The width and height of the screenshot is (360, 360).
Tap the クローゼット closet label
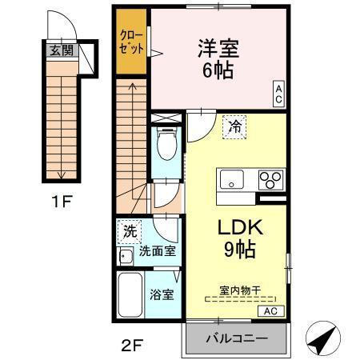click(132, 42)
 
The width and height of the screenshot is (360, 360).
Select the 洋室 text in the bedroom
click(214, 47)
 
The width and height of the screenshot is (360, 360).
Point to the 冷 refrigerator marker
click(234, 126)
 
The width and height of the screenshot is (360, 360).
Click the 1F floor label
click(60, 201)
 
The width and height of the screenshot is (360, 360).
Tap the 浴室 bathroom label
click(162, 294)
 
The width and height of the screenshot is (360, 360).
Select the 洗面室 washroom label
click(158, 251)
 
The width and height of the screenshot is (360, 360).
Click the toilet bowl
click(166, 146)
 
